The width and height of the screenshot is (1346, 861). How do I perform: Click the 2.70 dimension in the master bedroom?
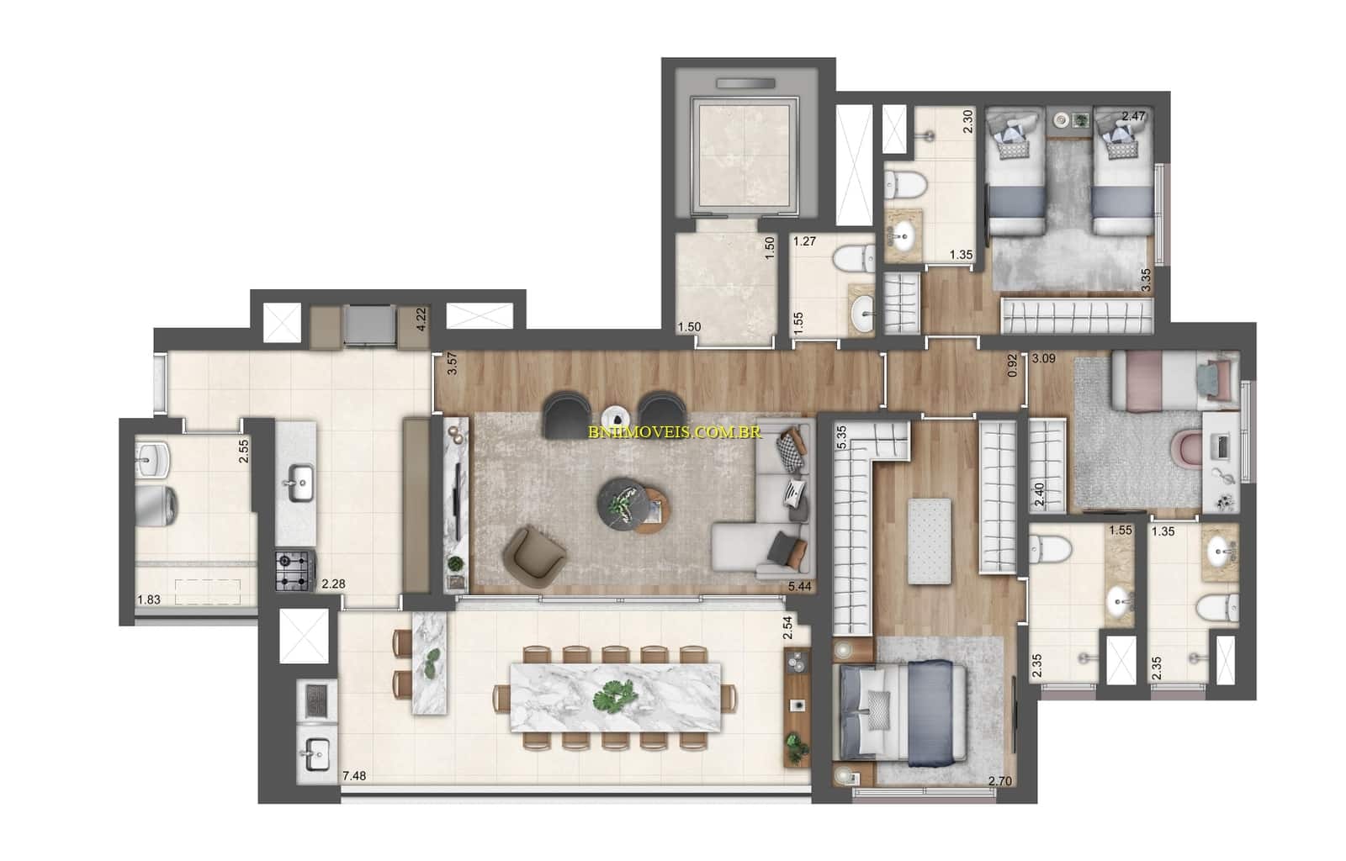pyautogui.click(x=1000, y=781)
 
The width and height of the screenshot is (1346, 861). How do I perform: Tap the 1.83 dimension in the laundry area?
pyautogui.click(x=150, y=600)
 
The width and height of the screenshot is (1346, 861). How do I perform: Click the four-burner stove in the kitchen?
pyautogui.click(x=295, y=569)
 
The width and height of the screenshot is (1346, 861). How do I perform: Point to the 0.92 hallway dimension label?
pyautogui.click(x=1013, y=366)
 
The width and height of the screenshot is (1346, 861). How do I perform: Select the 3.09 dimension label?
pyautogui.click(x=1043, y=358)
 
